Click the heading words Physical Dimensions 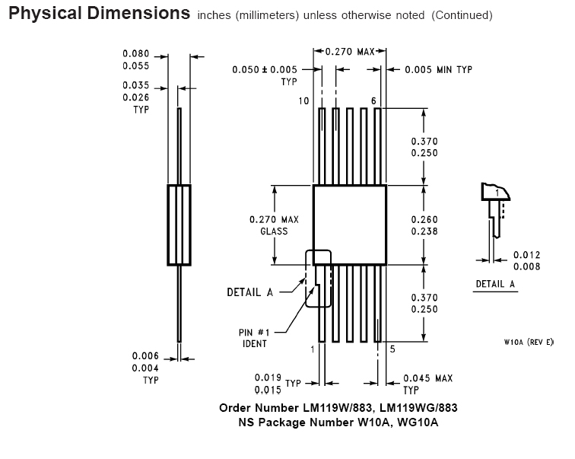click(100, 13)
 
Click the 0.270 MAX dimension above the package click(350, 51)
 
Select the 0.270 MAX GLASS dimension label click(275, 225)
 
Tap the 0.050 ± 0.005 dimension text click(265, 69)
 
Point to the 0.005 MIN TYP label click(439, 69)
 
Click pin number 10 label click(303, 101)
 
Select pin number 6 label click(373, 101)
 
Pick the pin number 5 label click(392, 349)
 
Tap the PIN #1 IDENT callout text click(254, 338)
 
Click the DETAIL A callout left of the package click(250, 292)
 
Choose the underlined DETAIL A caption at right click(495, 284)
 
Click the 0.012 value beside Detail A click(527, 255)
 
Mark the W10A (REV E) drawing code click(529, 342)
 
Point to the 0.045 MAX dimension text click(428, 378)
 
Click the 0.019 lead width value click(268, 378)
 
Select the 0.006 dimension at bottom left click(145, 356)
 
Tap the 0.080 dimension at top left click(136, 53)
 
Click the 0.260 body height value click(424, 219)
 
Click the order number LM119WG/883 click(418, 408)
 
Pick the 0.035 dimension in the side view click(136, 85)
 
